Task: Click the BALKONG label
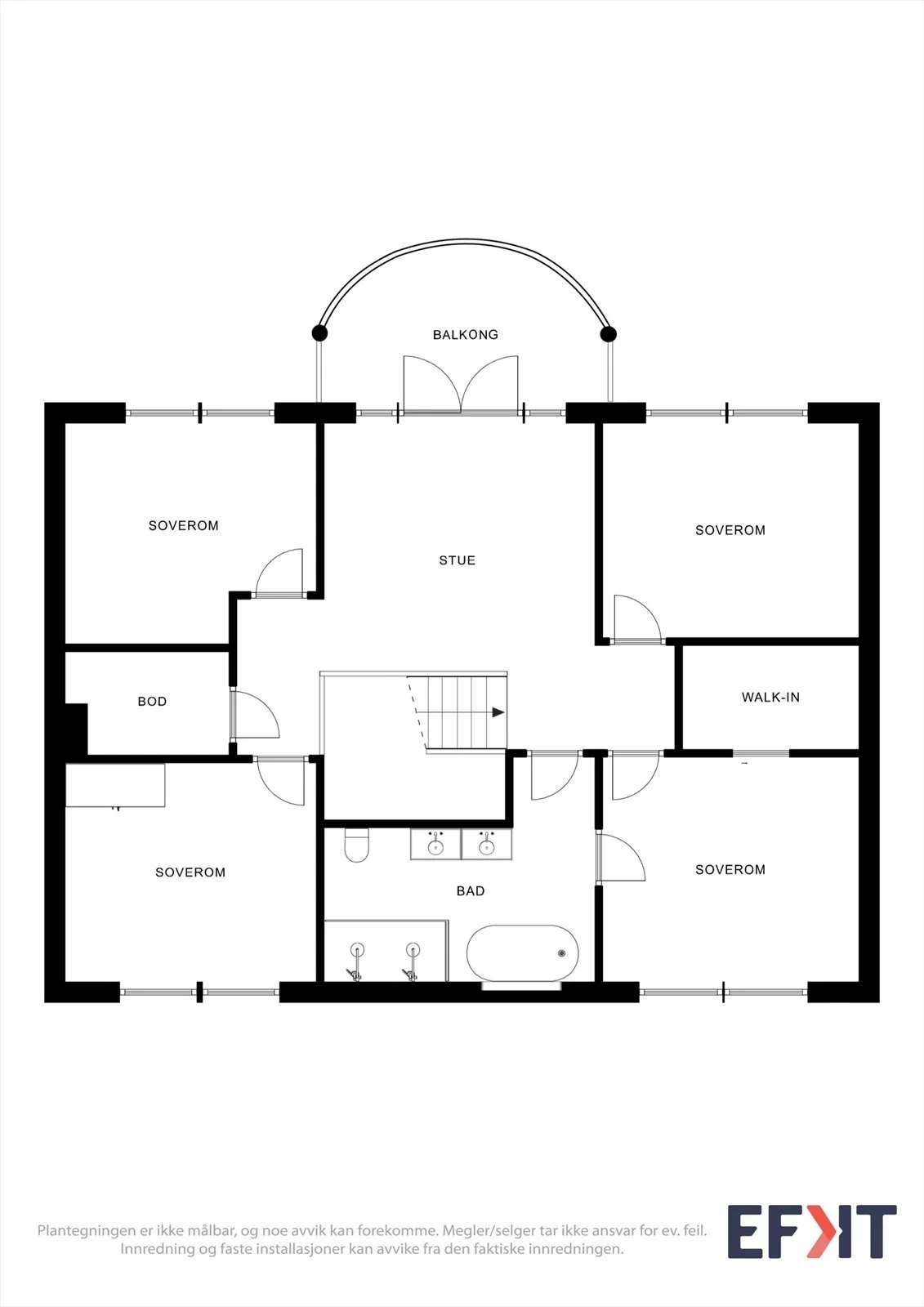(465, 335)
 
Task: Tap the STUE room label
(457, 560)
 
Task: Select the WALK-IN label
(770, 698)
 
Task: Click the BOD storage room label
(152, 702)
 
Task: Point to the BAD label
(471, 891)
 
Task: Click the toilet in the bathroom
(357, 845)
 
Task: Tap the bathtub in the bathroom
(522, 952)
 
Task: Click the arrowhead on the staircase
(498, 712)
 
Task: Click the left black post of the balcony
(319, 333)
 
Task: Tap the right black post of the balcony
(608, 334)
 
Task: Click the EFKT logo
(812, 1231)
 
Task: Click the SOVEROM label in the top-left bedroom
(183, 526)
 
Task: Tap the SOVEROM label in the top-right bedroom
(730, 530)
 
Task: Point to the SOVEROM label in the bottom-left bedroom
(190, 872)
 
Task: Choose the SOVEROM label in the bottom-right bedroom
(730, 869)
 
